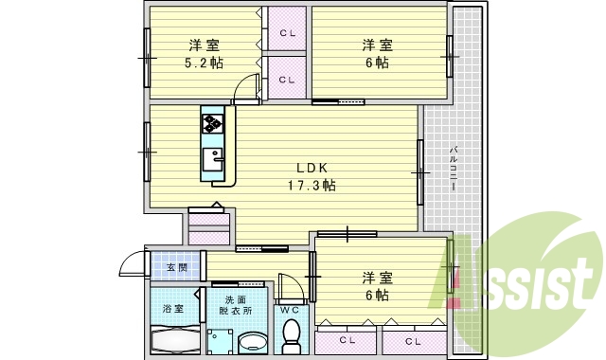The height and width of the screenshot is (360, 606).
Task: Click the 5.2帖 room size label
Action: (x=204, y=63)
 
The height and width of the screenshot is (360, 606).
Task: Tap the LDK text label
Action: (x=312, y=167)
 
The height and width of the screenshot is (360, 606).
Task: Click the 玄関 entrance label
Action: (x=177, y=268)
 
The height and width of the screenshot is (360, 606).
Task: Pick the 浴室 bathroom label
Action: (x=172, y=309)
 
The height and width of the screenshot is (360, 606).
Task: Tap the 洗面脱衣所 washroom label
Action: (x=235, y=304)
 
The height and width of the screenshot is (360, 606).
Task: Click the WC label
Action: (x=290, y=309)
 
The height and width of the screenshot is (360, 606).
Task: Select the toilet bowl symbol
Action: (x=292, y=336)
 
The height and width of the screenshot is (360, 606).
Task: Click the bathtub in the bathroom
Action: (x=175, y=340)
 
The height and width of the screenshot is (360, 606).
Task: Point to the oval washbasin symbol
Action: (x=253, y=341)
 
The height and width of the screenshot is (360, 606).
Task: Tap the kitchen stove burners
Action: (x=211, y=122)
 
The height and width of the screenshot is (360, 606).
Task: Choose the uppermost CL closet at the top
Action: (x=287, y=33)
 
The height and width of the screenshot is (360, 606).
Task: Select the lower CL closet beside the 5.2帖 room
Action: (x=287, y=80)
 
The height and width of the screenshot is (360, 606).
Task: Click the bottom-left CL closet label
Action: (x=348, y=340)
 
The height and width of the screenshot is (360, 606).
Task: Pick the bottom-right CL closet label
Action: (x=414, y=340)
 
